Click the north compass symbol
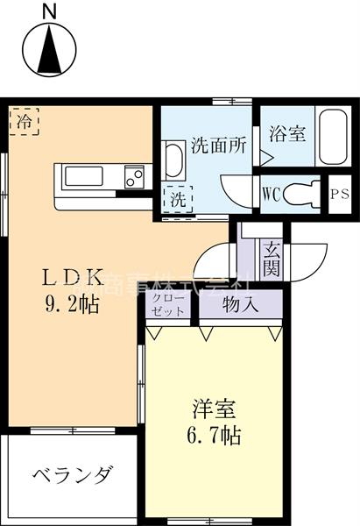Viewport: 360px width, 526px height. tap(49, 51)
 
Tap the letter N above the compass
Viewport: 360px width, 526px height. tap(49, 11)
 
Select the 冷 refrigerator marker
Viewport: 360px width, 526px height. tap(25, 122)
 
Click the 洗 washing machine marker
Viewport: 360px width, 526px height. tap(179, 198)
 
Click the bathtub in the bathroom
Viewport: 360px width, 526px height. tap(333, 136)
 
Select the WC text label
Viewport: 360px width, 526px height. tap(271, 195)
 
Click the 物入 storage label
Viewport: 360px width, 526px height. tap(240, 306)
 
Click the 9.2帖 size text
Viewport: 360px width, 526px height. tap(74, 304)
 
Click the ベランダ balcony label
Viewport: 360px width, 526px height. tap(74, 476)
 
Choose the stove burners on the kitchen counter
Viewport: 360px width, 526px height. tap(134, 177)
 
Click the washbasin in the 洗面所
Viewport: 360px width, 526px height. tap(173, 162)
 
